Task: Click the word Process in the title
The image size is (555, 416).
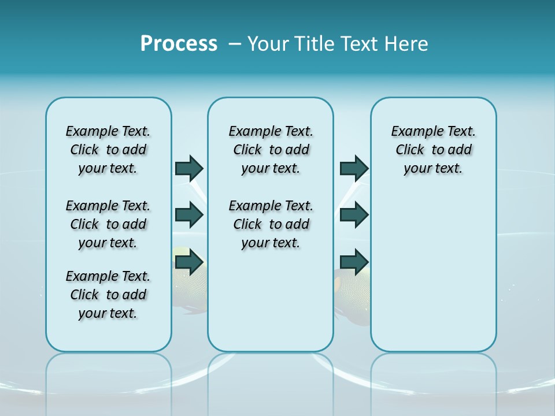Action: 179,44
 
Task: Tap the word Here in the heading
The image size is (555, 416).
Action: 406,44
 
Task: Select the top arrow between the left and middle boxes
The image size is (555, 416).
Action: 189,168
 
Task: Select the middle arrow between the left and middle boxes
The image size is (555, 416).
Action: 189,215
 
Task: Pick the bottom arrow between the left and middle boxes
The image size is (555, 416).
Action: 189,262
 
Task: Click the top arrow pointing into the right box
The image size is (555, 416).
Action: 354,168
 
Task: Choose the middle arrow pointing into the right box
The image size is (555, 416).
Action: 354,215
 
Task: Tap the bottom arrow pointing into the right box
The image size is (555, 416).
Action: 354,262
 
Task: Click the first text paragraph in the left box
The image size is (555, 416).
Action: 108,150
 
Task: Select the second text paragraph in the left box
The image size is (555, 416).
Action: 108,224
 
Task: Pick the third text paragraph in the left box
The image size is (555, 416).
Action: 108,295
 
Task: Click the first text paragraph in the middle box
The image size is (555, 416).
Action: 271,150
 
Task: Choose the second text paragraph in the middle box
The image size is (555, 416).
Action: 271,224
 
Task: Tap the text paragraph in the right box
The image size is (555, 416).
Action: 433,150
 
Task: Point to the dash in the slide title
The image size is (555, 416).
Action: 235,44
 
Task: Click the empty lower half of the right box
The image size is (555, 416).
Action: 433,277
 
